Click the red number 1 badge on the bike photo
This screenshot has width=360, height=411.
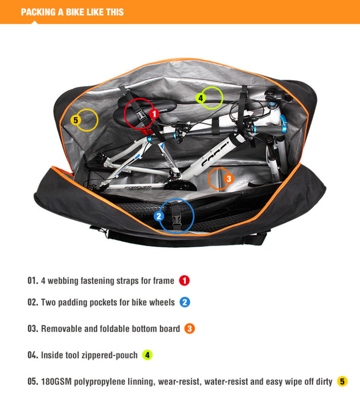(x=154, y=114)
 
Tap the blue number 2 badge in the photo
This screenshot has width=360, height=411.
(x=159, y=216)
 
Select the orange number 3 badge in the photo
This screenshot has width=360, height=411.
(x=229, y=179)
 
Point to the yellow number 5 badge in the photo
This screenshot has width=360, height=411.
(x=76, y=120)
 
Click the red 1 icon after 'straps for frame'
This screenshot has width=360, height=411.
(x=184, y=280)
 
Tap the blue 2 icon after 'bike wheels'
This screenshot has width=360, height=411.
(x=184, y=303)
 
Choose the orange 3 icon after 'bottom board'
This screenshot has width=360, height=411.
(x=189, y=329)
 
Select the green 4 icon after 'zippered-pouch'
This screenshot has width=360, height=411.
(x=147, y=355)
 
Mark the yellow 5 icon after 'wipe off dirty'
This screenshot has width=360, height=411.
(x=342, y=382)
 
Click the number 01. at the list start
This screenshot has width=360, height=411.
(x=33, y=280)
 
